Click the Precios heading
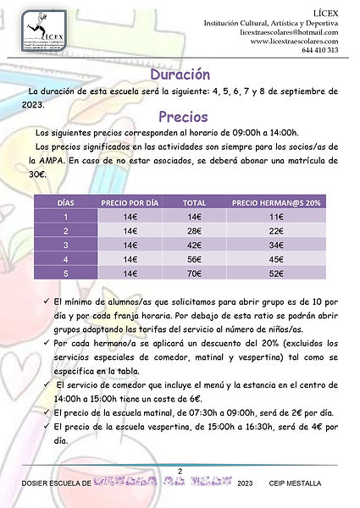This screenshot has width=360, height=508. click(x=179, y=116)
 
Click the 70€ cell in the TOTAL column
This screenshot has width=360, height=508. click(x=195, y=274)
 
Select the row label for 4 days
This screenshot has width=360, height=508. click(x=65, y=260)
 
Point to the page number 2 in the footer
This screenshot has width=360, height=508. click(x=179, y=471)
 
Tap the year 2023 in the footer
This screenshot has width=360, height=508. click(x=246, y=483)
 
